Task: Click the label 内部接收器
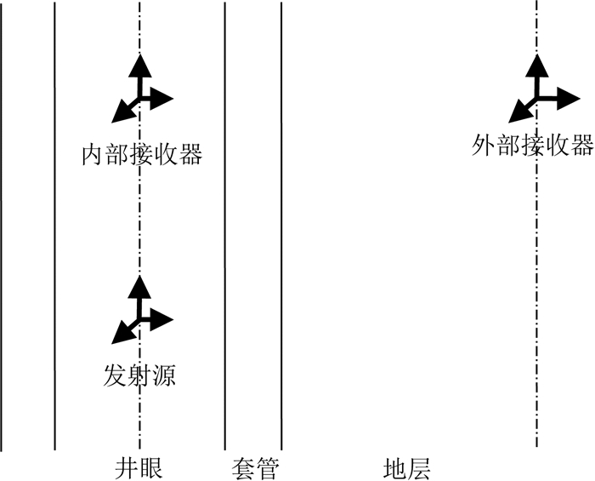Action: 141,155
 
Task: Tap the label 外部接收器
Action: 532,146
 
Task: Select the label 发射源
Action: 140,375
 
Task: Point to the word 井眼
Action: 139,468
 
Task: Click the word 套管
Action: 254,468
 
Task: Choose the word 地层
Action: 406,468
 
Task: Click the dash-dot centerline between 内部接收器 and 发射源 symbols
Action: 139,221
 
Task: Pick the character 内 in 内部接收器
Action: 93,155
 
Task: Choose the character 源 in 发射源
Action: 164,375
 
